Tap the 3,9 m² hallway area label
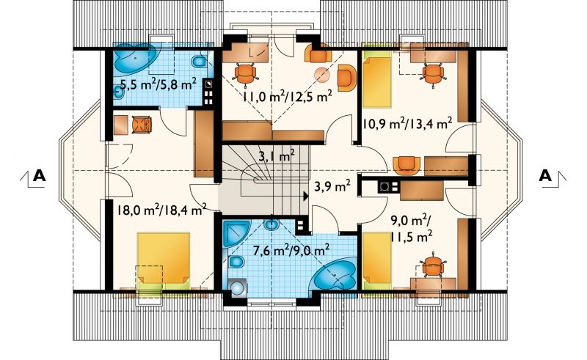coord(332,186)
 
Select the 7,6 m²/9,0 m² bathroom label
coord(291,249)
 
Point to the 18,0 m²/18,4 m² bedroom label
coord(161,210)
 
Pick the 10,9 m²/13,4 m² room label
coord(408,122)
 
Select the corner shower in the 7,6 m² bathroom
coord(235,232)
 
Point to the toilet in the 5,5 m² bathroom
coord(199,62)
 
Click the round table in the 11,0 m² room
coord(321,75)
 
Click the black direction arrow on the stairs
coord(306,196)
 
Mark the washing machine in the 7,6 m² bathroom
coord(237,287)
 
